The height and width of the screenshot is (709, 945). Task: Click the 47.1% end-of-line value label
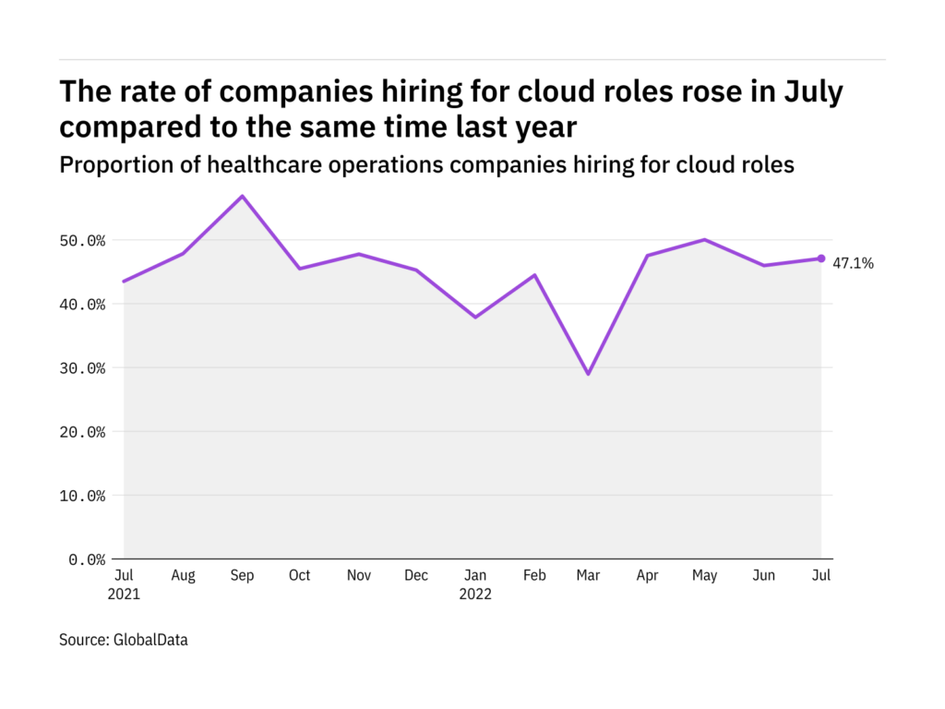(x=855, y=263)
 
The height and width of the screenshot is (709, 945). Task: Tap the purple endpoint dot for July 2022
(x=821, y=258)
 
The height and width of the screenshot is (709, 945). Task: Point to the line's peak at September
(x=242, y=196)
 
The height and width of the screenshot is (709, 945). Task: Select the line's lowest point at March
(x=589, y=374)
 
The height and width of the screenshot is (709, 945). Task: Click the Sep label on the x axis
(x=242, y=576)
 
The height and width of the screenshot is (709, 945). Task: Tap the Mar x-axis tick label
(x=588, y=576)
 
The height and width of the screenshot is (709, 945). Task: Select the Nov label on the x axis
(x=358, y=576)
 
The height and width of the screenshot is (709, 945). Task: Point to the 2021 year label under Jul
(x=124, y=595)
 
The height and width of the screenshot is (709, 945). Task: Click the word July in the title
(x=813, y=92)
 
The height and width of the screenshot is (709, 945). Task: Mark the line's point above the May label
(x=705, y=240)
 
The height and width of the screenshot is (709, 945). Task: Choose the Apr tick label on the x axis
(x=647, y=576)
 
